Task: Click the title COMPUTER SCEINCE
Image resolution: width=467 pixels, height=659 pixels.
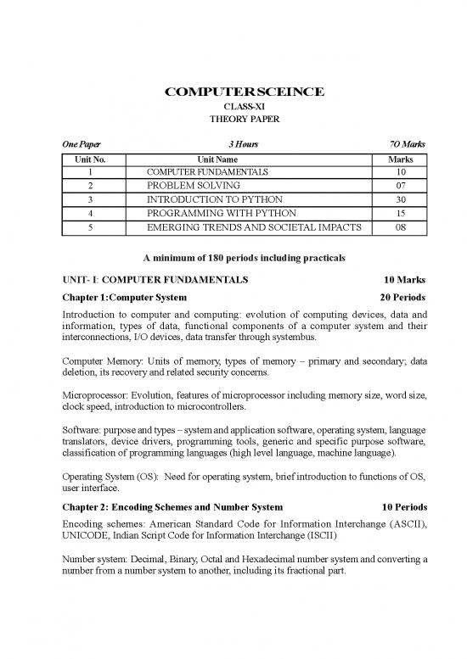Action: click(x=233, y=91)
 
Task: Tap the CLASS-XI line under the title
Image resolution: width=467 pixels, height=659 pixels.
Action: click(x=233, y=105)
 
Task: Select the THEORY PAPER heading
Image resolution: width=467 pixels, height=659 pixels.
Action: click(x=233, y=119)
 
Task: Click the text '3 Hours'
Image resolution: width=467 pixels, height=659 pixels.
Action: click(x=232, y=145)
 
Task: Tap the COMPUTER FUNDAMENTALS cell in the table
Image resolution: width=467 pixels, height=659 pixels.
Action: click(x=207, y=172)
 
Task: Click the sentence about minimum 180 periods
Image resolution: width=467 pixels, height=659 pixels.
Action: click(x=233, y=258)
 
